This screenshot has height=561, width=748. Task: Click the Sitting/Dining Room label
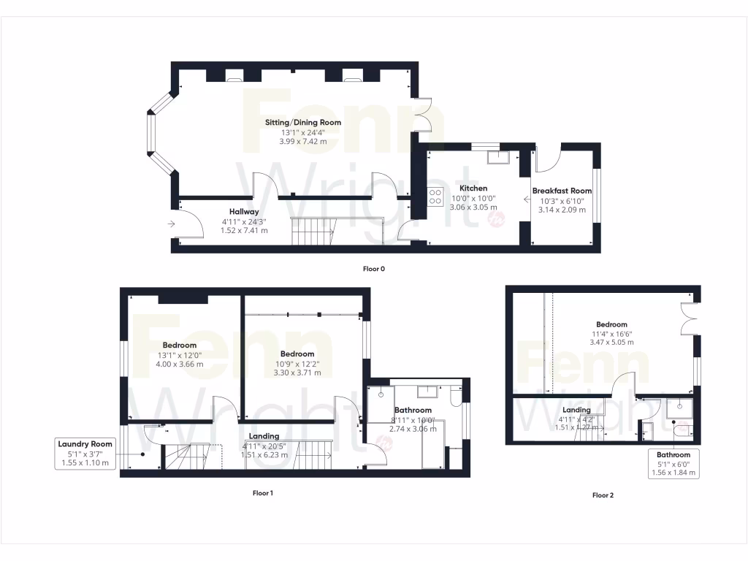(302, 123)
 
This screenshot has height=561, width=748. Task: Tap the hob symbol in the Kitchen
(435, 196)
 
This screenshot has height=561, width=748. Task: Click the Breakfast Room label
(562, 191)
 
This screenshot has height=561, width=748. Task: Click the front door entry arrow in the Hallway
(171, 224)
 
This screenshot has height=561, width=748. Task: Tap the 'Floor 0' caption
(374, 269)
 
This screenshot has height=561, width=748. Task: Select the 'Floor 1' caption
(262, 493)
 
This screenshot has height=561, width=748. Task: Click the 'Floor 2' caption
(603, 495)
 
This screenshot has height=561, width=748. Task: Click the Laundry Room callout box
(86, 454)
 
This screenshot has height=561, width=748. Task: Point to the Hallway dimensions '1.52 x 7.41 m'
(244, 230)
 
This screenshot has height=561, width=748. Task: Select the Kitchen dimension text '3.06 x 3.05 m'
(473, 207)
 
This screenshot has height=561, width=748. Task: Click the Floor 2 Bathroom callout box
(673, 464)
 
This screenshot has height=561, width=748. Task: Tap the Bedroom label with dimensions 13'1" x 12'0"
(179, 345)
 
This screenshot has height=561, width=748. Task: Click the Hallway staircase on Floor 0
(311, 231)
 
